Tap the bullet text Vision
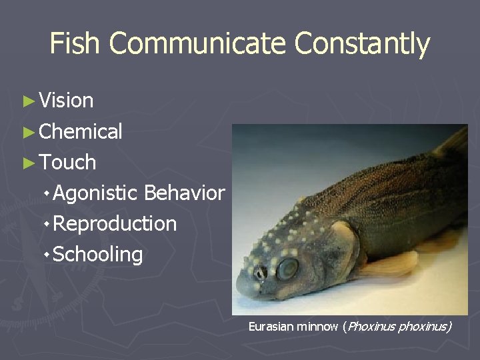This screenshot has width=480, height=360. [66, 101]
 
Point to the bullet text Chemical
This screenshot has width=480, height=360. [81, 131]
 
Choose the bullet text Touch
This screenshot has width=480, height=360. [67, 162]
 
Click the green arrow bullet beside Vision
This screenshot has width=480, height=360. [28, 101]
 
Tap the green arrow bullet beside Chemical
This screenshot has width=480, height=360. [28, 132]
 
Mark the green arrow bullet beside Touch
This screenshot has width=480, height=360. [28, 163]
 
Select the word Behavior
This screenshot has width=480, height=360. [184, 193]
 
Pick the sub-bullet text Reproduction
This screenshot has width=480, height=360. [115, 223]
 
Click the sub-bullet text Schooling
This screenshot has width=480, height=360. [97, 254]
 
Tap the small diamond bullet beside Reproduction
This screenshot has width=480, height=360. [46, 224]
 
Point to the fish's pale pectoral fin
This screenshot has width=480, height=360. [393, 264]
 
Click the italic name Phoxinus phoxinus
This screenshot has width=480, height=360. [398, 327]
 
